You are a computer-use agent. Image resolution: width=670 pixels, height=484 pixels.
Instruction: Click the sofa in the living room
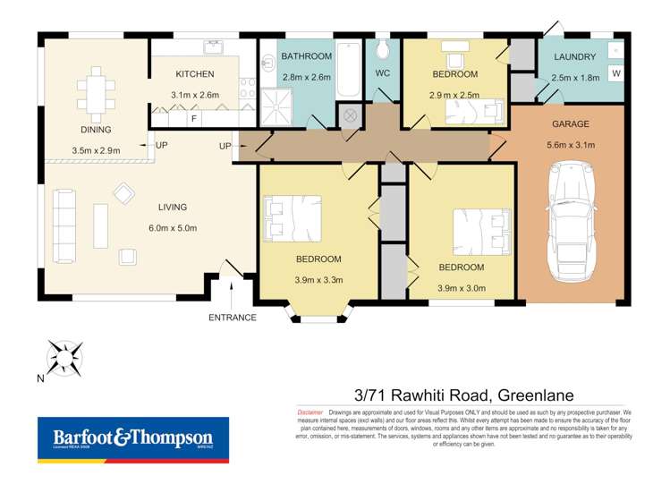[x=64, y=217]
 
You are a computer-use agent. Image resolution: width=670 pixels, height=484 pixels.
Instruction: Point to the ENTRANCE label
[x=233, y=318]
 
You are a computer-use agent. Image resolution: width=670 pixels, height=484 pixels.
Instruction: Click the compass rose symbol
[x=66, y=357]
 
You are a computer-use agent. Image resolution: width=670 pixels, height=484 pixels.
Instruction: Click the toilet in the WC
[x=383, y=48]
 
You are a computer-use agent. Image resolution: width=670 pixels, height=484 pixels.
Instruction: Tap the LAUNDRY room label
[x=574, y=57]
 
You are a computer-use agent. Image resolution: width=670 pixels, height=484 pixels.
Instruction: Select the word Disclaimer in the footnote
[x=310, y=411]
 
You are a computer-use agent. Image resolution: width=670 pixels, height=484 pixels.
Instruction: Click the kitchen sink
[x=213, y=47]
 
